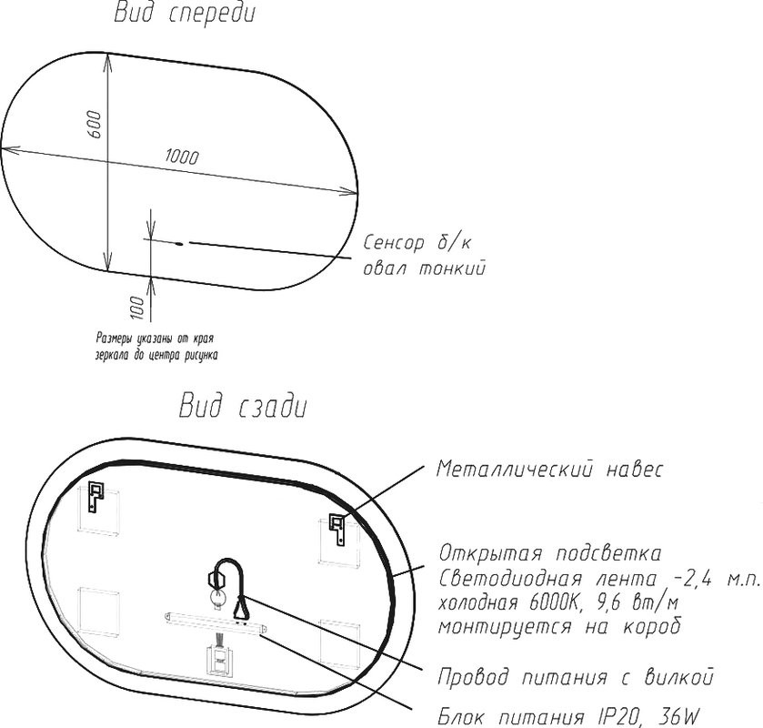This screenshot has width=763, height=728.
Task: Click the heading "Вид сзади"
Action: click(x=242, y=407)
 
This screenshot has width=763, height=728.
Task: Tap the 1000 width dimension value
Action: click(x=182, y=157)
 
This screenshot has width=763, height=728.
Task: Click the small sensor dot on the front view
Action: click(x=179, y=243)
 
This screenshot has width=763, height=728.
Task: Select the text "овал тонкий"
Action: click(x=424, y=269)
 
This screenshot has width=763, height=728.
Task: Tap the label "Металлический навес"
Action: click(x=550, y=470)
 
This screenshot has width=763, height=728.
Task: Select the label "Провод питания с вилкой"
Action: click(x=575, y=678)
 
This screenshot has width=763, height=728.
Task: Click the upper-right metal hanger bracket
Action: click(x=338, y=529)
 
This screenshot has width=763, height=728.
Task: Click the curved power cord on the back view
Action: click(x=235, y=571)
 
